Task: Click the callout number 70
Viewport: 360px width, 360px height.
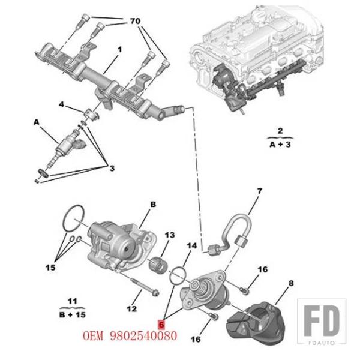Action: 135,21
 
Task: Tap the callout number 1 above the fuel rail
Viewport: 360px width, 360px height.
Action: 119,49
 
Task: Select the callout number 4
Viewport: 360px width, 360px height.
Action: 61,104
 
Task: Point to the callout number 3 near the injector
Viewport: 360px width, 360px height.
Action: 112,168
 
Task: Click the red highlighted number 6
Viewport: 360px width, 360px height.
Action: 161,325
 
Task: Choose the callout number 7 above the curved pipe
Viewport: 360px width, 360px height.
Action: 259,191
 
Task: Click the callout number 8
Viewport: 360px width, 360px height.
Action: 291,283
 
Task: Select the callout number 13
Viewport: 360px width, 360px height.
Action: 170,235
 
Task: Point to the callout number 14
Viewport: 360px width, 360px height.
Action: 192,245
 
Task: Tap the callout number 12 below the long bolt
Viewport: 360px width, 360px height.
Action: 132,309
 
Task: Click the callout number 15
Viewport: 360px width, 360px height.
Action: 50,267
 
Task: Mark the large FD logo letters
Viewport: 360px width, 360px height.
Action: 322,321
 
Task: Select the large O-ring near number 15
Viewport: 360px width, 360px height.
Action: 74,218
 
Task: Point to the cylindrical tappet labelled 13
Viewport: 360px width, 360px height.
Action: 158,266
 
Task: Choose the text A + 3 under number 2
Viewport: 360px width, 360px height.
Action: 280,145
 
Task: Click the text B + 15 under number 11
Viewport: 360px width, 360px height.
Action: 73,314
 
